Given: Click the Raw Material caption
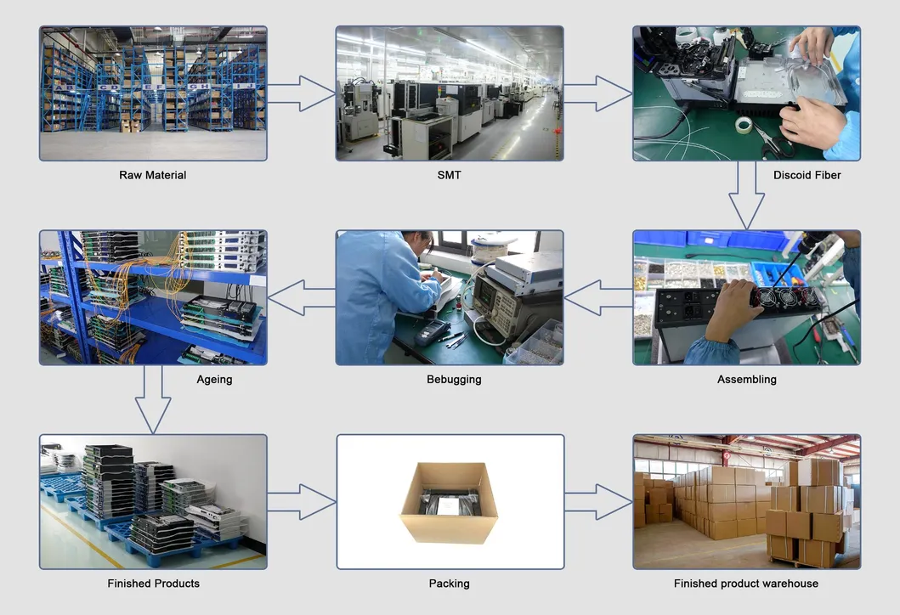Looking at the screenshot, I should [x=153, y=175].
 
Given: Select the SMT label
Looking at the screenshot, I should [x=449, y=175].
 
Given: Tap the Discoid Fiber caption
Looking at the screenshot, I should [x=807, y=175].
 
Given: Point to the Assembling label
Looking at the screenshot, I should [x=746, y=380].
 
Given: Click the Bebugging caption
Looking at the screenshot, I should [x=454, y=380].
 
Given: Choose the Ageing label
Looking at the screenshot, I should [x=214, y=380].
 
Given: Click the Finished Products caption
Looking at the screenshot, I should [x=153, y=584].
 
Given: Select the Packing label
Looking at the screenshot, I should [x=449, y=584].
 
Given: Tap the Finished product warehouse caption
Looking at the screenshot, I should [x=746, y=584].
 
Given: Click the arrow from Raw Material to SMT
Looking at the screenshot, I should [x=302, y=93].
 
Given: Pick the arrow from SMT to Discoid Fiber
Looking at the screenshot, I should [x=598, y=93].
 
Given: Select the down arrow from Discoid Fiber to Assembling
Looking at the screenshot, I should [x=746, y=195].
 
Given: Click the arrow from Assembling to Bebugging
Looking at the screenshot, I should [x=598, y=298].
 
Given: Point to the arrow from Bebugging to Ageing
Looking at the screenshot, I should [x=302, y=298].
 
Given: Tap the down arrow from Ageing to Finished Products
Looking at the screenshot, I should [x=153, y=399].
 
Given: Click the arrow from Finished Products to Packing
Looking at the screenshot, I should [x=302, y=502].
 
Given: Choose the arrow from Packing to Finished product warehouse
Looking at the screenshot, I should [x=598, y=502].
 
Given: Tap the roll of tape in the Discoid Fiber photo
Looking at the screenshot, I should [x=747, y=126].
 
